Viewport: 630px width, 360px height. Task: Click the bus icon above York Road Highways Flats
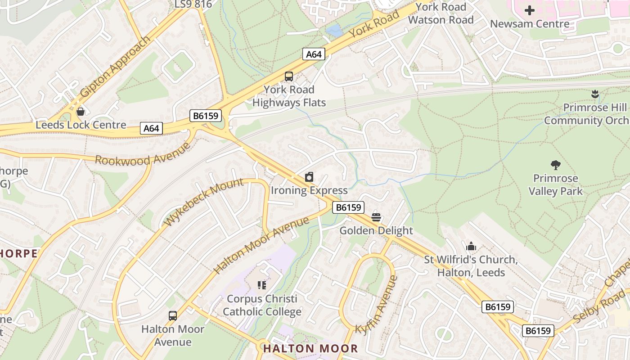289,76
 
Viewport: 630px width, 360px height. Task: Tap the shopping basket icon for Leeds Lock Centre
81,112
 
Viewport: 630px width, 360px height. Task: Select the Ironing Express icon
309,177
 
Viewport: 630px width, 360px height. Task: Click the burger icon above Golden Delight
376,218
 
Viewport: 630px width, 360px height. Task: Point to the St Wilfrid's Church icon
471,246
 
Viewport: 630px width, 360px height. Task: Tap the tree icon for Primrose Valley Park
556,165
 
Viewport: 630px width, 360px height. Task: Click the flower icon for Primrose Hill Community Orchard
595,94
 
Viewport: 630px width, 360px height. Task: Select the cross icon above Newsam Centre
530,10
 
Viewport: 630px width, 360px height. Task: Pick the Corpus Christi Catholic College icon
262,285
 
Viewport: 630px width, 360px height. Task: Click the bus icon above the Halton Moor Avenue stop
173,315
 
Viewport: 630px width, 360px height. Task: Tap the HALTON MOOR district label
310,348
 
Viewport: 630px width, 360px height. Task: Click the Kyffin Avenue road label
377,305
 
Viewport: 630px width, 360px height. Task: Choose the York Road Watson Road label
441,13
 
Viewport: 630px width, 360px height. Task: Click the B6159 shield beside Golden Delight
348,207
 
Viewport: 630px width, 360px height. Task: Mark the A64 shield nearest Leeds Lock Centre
151,129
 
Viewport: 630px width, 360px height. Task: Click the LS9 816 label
193,4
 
